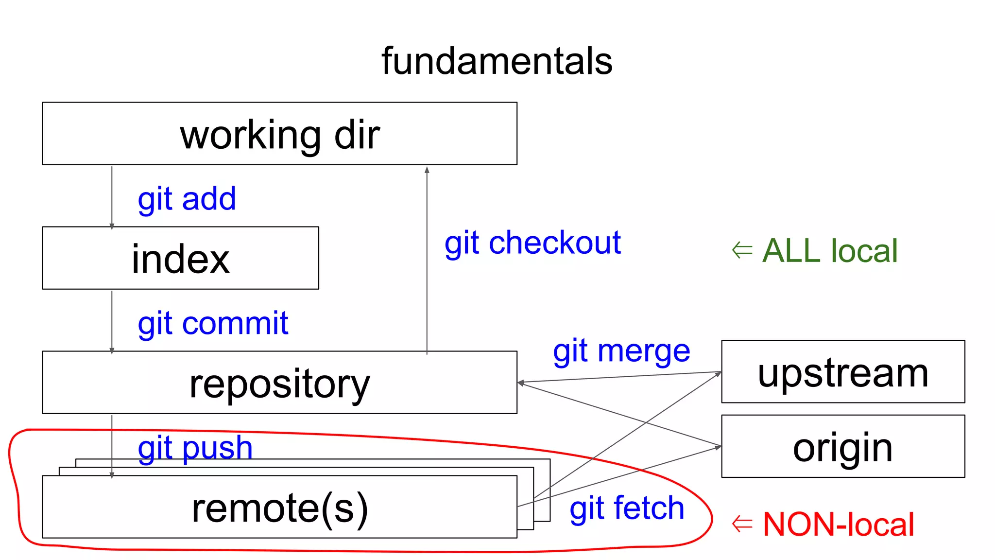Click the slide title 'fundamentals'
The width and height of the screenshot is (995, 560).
497,61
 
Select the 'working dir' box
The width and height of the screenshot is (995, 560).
279,134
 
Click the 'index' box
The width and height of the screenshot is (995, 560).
180,258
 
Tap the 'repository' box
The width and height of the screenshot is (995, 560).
279,383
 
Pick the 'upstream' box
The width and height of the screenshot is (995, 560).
843,372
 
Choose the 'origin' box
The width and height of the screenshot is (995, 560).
843,446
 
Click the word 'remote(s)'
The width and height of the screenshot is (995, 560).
279,508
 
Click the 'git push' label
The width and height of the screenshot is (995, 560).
195,447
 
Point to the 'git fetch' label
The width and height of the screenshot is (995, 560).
627,508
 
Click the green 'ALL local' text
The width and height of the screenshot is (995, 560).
830,251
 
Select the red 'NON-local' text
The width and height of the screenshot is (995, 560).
838,524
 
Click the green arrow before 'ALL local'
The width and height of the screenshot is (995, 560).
742,250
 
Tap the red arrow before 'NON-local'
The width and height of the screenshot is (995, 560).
742,524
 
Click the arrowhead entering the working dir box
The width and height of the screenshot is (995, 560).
427,170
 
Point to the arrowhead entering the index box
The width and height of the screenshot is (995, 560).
112,226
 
